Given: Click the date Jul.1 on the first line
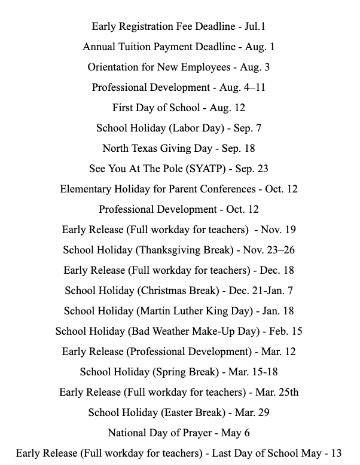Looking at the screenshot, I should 254,26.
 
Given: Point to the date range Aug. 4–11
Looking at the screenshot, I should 242,87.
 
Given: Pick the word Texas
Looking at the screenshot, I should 145,148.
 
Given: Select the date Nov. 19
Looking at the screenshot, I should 278,230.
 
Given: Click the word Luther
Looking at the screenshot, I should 194,311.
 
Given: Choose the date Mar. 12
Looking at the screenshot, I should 279,351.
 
